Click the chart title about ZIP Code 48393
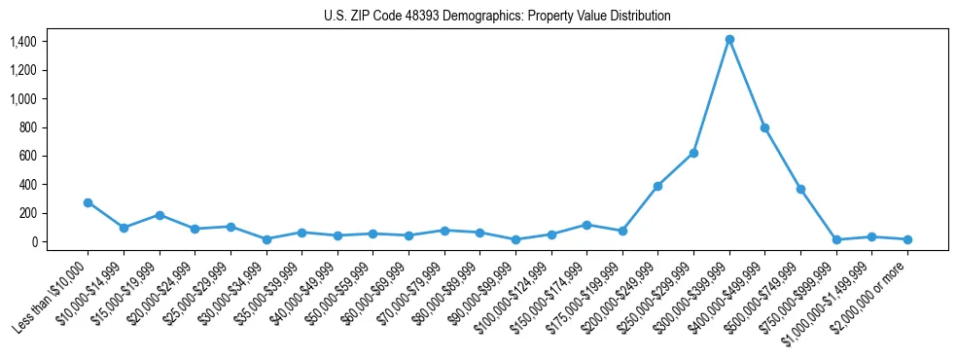pos(497,16)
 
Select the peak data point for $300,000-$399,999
pos(729,40)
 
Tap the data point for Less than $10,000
pos(88,202)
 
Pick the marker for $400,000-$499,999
pos(764,127)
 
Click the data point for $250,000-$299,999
pos(693,153)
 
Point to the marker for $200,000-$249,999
pos(657,186)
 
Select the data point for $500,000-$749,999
pos(800,189)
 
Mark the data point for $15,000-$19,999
pos(159,215)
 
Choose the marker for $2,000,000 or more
pos(907,239)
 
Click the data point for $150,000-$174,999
pos(586,225)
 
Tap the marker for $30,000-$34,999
pos(266,239)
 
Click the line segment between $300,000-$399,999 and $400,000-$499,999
pos(747,84)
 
